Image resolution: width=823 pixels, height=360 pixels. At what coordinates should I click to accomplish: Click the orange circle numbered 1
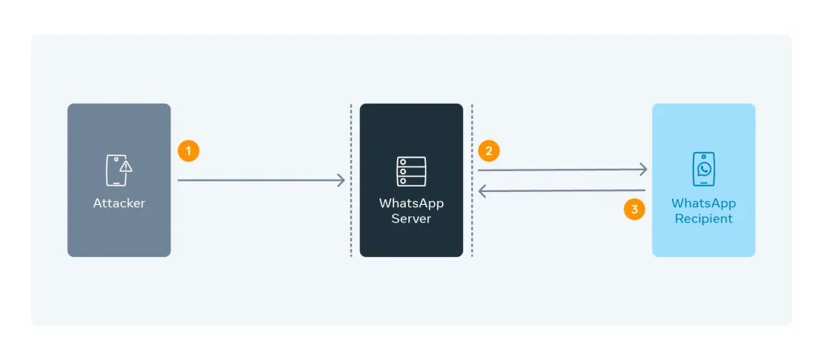pyautogui.click(x=188, y=151)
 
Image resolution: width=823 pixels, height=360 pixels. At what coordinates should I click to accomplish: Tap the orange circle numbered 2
pyautogui.click(x=489, y=150)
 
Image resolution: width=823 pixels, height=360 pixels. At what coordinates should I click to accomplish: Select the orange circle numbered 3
pyautogui.click(x=634, y=210)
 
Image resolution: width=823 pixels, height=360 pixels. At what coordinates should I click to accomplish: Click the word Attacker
pyautogui.click(x=119, y=203)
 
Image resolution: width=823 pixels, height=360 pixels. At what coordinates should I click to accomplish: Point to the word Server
pyautogui.click(x=411, y=219)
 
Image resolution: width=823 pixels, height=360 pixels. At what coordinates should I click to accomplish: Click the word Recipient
pyautogui.click(x=703, y=219)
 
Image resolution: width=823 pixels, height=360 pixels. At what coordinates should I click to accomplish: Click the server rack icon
pyautogui.click(x=411, y=172)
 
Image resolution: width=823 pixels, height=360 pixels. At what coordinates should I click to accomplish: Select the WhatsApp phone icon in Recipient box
pyautogui.click(x=703, y=170)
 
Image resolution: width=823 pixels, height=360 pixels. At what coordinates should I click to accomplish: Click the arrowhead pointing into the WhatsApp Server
pyautogui.click(x=342, y=181)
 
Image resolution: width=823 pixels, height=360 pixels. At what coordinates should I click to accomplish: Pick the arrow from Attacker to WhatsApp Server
pyautogui.click(x=257, y=181)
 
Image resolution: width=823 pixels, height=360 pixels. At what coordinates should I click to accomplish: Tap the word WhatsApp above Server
pyautogui.click(x=411, y=203)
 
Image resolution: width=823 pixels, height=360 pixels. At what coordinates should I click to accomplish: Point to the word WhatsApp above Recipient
pyautogui.click(x=703, y=203)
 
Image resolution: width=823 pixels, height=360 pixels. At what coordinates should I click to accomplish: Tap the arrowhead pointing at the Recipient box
pyautogui.click(x=644, y=169)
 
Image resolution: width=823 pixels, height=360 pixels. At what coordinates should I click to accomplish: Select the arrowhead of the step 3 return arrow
pyautogui.click(x=481, y=191)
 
